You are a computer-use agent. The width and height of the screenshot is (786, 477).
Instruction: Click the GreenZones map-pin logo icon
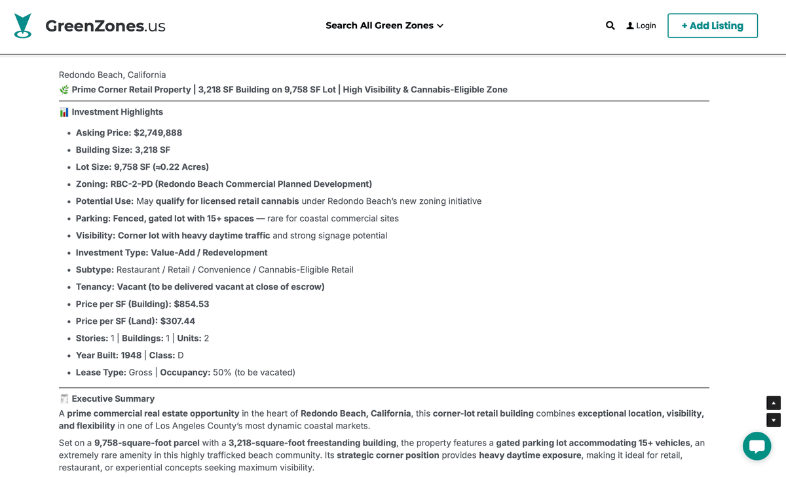click(23, 26)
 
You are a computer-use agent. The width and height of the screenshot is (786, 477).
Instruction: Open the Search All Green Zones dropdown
click(384, 26)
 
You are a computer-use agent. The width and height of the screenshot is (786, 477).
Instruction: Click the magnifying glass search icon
click(610, 26)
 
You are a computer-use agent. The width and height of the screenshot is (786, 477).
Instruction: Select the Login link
click(641, 26)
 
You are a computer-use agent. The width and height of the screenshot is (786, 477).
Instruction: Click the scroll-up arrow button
click(774, 403)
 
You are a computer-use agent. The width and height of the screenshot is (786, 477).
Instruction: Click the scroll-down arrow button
click(774, 420)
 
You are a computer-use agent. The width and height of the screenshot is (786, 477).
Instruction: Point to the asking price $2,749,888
click(158, 133)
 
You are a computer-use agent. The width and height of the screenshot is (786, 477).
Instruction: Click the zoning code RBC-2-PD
click(132, 184)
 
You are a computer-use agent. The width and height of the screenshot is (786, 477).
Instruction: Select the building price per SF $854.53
click(191, 304)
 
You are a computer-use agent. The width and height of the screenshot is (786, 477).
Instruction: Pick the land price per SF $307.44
click(178, 321)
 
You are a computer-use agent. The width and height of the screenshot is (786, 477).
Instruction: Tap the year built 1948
click(131, 355)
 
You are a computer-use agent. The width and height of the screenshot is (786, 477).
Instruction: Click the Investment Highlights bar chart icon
click(64, 112)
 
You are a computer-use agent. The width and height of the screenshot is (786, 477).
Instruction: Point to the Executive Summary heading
click(113, 398)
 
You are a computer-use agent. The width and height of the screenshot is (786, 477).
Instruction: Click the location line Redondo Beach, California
click(112, 75)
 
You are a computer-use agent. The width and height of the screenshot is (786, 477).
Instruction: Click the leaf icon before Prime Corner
click(64, 90)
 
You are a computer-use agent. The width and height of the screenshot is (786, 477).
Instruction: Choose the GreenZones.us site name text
click(105, 26)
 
